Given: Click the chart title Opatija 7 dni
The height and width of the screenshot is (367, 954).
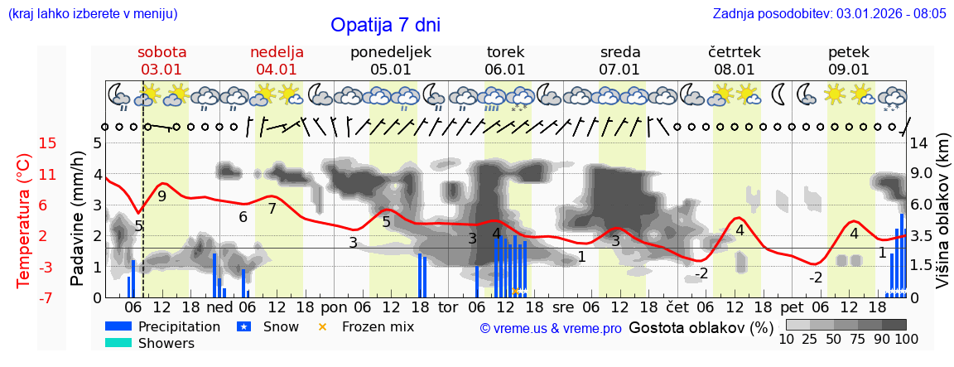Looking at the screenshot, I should (x=385, y=25).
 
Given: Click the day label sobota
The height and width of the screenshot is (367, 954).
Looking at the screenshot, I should (x=161, y=52).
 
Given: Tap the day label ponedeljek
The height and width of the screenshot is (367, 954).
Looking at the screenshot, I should (x=391, y=52).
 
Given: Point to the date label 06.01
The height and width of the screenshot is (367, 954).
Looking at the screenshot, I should (x=505, y=70).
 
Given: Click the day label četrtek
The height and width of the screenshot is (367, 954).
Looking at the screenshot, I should (x=735, y=52).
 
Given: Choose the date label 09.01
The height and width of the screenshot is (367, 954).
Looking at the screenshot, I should (x=849, y=70).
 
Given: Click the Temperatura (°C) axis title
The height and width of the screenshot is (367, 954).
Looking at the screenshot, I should (x=23, y=220).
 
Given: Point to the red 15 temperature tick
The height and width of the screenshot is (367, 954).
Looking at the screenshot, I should (x=48, y=143).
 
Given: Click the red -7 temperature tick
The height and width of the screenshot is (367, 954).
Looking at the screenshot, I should (x=48, y=297).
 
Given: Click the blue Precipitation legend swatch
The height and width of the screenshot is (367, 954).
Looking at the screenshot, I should (x=118, y=326).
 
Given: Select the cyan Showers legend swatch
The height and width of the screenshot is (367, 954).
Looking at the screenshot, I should (x=118, y=343).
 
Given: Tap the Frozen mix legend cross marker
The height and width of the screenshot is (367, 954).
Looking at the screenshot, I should (x=323, y=326).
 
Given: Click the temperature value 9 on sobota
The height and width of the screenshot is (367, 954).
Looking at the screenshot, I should (x=161, y=196).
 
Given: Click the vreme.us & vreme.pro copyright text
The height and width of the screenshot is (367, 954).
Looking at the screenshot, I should (x=551, y=329).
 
